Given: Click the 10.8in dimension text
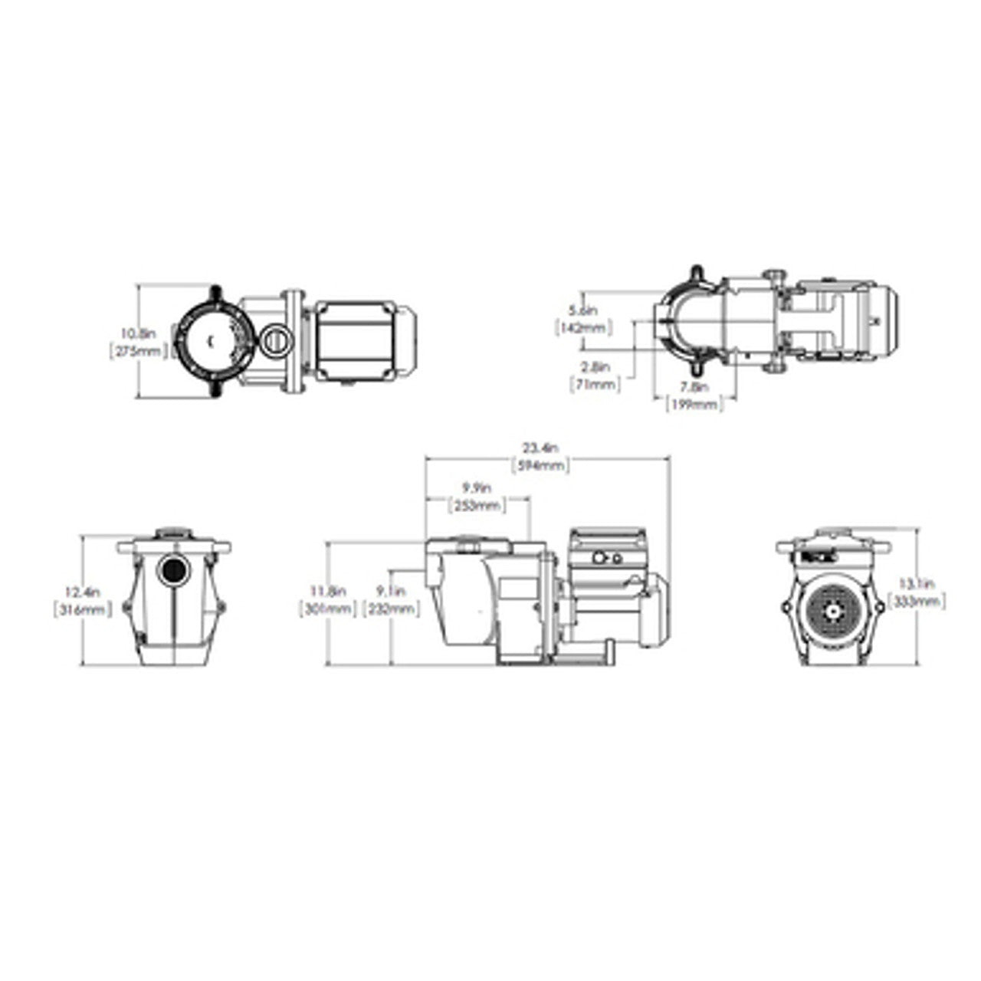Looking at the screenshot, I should [x=138, y=334].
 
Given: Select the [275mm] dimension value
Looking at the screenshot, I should [x=138, y=352].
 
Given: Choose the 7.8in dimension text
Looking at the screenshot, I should [x=694, y=388].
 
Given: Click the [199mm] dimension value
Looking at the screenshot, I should [x=694, y=404].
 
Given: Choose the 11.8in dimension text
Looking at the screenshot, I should [x=328, y=591].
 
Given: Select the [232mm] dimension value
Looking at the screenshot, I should [x=391, y=609].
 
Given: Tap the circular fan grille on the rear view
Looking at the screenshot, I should [x=832, y=611].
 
